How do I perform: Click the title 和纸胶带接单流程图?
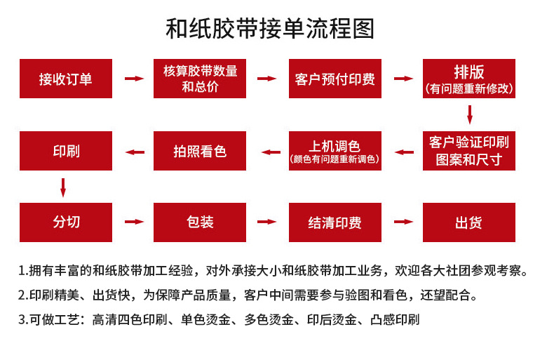270,29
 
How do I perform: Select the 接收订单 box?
66,79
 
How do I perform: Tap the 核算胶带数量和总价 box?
200,79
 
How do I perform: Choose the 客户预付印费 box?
335,79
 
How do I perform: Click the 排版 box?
468,79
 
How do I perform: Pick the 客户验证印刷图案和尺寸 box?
468,150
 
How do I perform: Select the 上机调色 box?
335,150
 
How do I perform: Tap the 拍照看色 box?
200,150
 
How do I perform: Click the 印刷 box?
66,150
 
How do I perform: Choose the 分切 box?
66,222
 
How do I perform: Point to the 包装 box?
200,222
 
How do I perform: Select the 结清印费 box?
335,222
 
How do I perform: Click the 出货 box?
468,222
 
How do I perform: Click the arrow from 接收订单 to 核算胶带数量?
133,79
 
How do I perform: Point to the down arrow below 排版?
469,114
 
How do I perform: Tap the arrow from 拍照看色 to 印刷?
134,152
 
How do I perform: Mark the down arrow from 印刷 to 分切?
63,187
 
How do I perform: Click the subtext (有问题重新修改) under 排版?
468,89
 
